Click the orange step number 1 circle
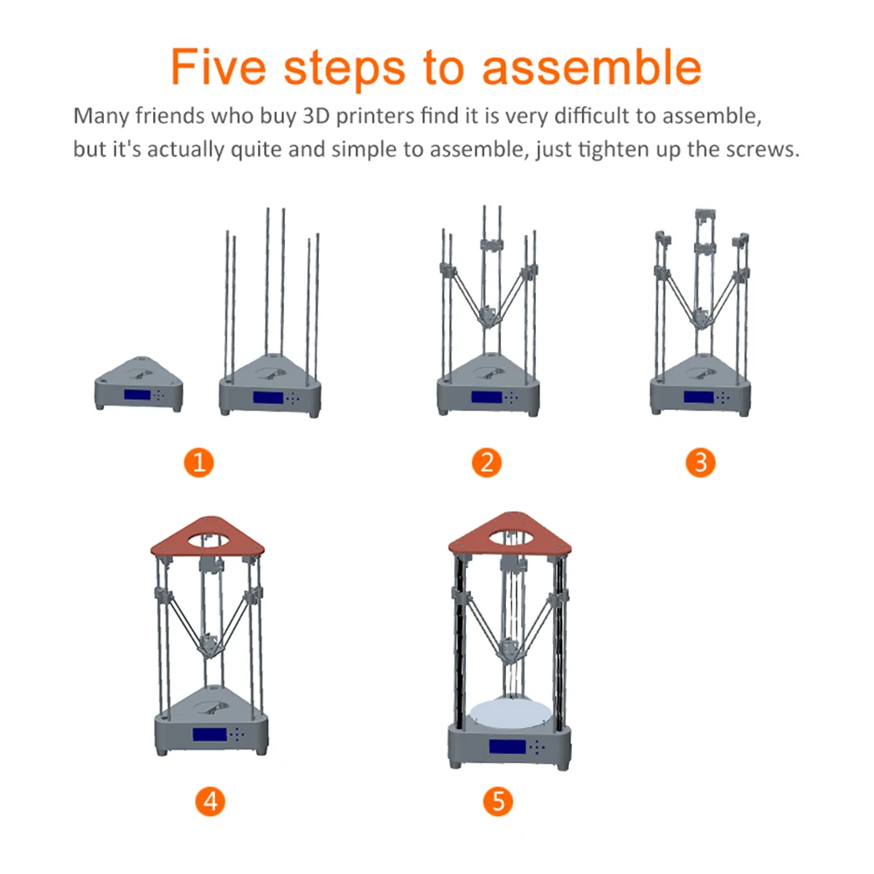[x=199, y=462]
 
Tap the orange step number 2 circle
[x=487, y=462]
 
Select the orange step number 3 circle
[x=701, y=462]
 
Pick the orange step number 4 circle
[x=210, y=801]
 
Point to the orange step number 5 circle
[x=498, y=801]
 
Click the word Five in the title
[x=218, y=67]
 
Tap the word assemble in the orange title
[x=592, y=67]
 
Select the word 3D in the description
[x=316, y=116]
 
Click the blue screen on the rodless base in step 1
[x=137, y=395]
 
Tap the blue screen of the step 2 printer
[x=487, y=397]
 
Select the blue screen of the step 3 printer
[x=699, y=397]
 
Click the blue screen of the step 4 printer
[x=210, y=734]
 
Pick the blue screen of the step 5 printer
[x=508, y=746]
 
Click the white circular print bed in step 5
[x=510, y=713]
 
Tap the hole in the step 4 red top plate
[x=209, y=539]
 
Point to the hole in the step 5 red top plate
[x=511, y=538]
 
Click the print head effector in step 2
[x=488, y=316]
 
